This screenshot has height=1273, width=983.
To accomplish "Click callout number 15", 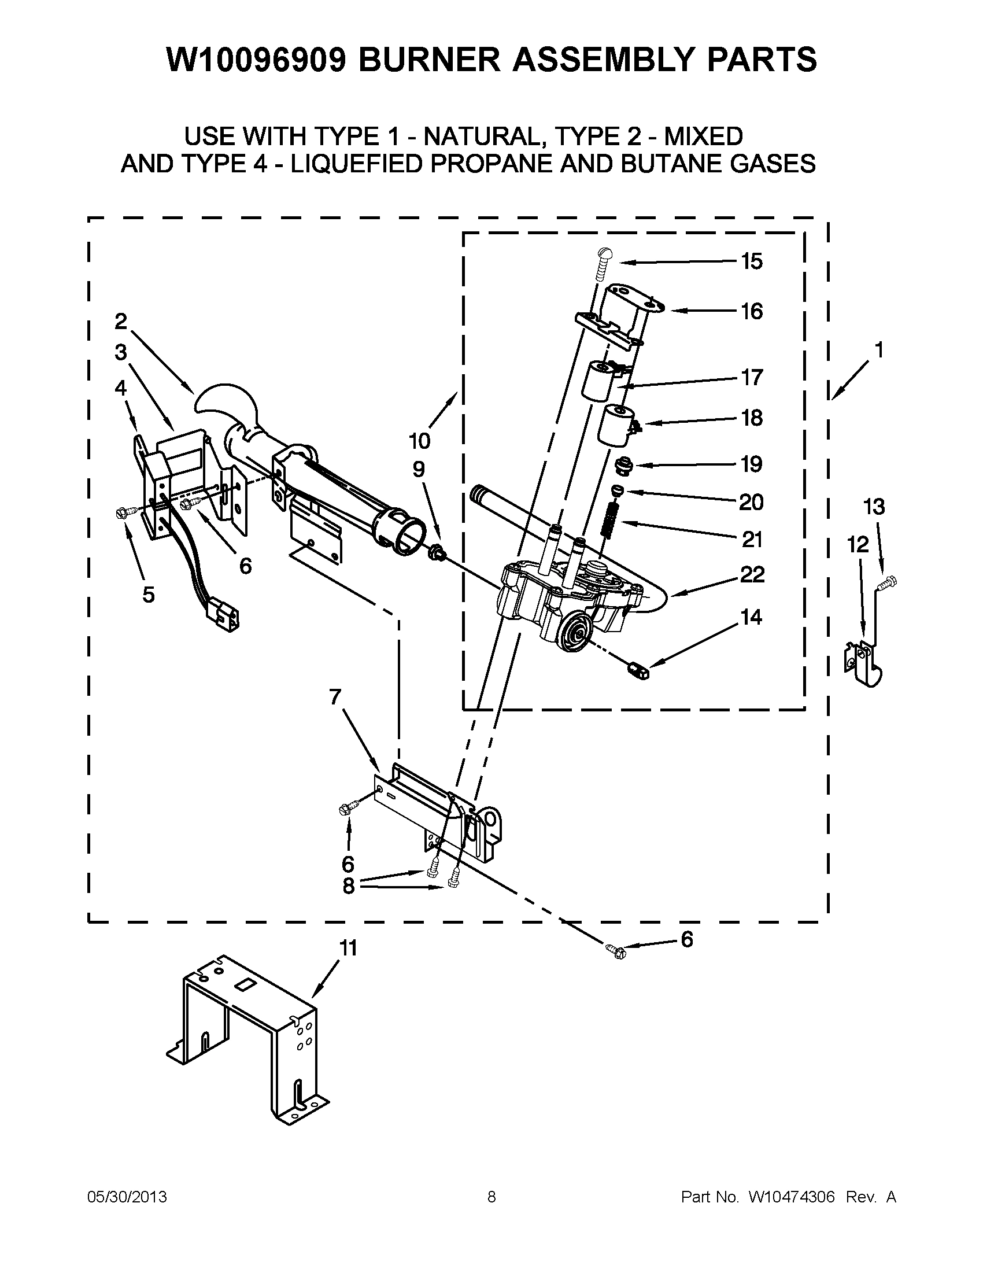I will click(752, 261).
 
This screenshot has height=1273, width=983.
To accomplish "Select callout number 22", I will click(752, 575).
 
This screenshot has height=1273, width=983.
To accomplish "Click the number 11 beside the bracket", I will click(348, 949).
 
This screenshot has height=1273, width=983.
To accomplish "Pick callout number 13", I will click(874, 507).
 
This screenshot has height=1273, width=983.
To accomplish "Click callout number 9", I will click(419, 469).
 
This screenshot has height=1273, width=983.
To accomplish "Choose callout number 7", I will click(334, 696).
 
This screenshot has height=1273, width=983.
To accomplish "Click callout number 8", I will click(348, 885).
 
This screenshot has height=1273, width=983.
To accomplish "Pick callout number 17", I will click(752, 377).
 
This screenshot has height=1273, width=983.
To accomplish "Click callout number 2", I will click(121, 320).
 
